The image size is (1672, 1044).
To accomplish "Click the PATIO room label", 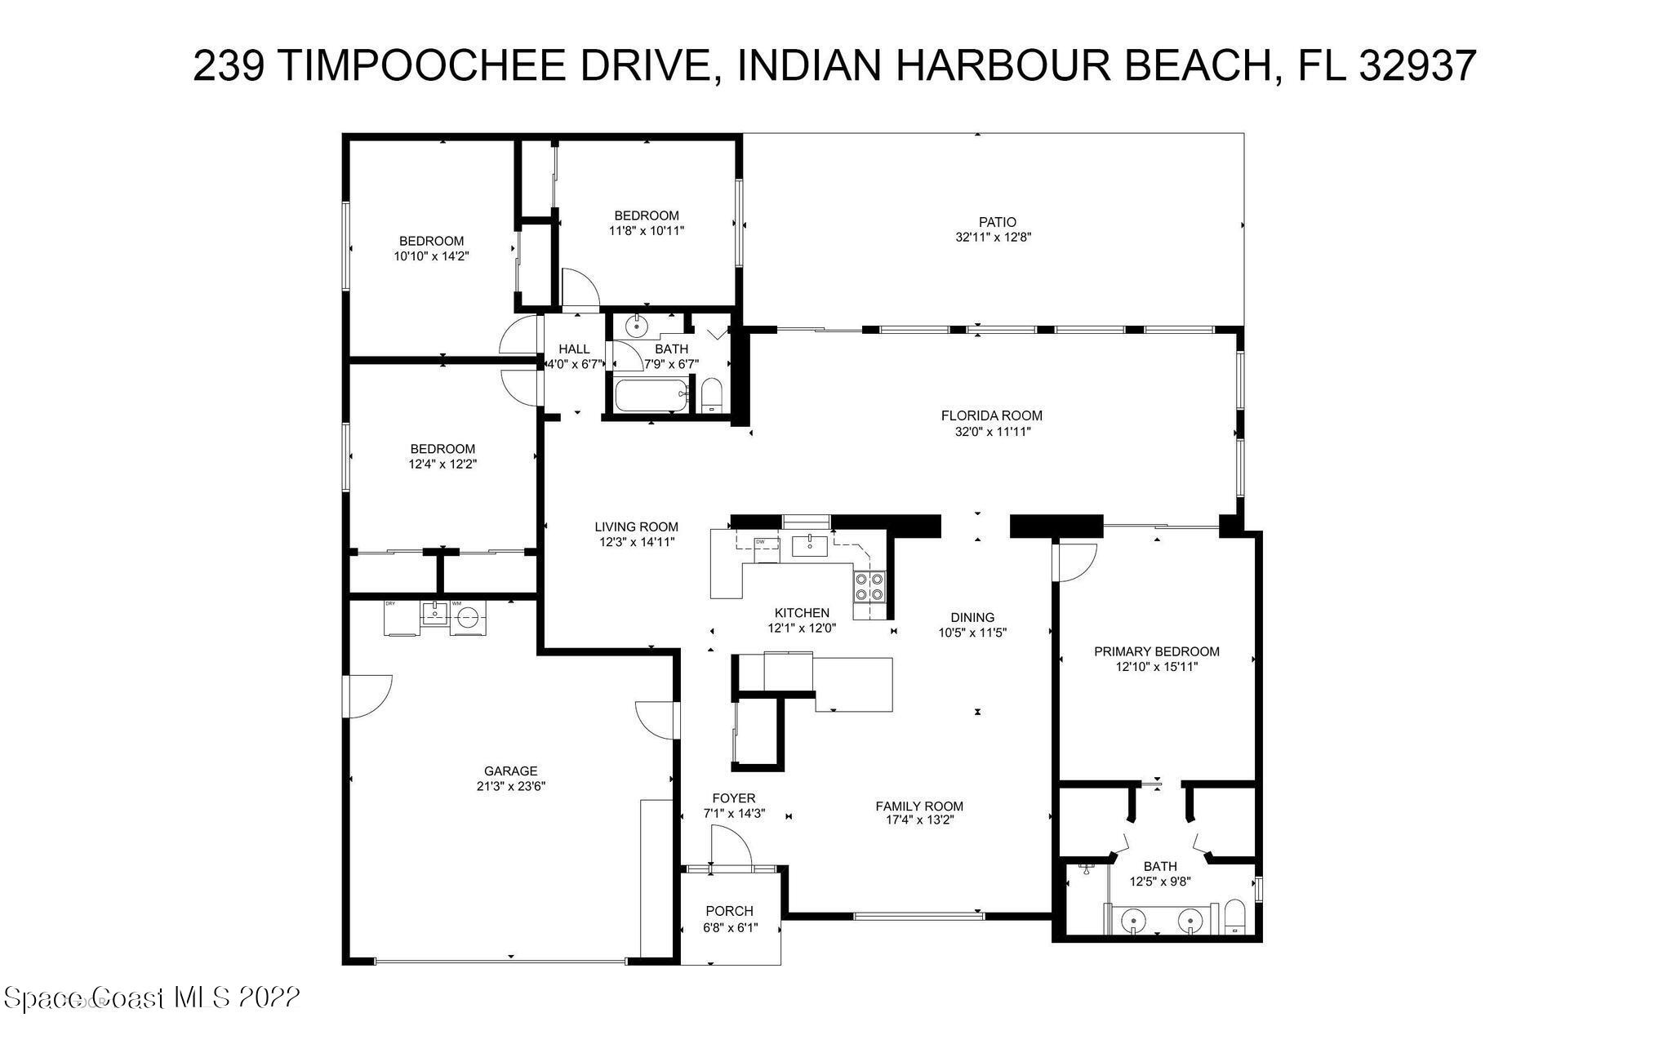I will [x=998, y=222].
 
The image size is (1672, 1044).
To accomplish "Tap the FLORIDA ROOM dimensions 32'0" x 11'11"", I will [x=991, y=431].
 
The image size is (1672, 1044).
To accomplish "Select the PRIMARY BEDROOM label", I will [x=1156, y=651].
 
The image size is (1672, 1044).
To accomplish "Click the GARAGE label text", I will [x=510, y=771].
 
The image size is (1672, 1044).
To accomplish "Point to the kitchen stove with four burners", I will [x=869, y=586].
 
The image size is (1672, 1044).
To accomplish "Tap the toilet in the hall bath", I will [x=712, y=396].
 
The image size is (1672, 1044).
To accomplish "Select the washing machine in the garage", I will [x=467, y=618].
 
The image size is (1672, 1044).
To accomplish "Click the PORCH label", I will [x=729, y=911].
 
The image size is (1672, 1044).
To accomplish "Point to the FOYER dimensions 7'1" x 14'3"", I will [x=734, y=813].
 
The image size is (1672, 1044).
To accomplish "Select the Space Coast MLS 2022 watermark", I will [x=152, y=997].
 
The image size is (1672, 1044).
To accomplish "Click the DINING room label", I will [x=972, y=617].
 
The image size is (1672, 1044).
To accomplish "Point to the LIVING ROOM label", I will [x=636, y=526].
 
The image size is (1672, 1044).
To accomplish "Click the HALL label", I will [x=574, y=349].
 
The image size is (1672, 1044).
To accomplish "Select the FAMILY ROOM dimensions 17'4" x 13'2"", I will [x=919, y=821].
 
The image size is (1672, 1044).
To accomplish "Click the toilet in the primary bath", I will [x=1234, y=917].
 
